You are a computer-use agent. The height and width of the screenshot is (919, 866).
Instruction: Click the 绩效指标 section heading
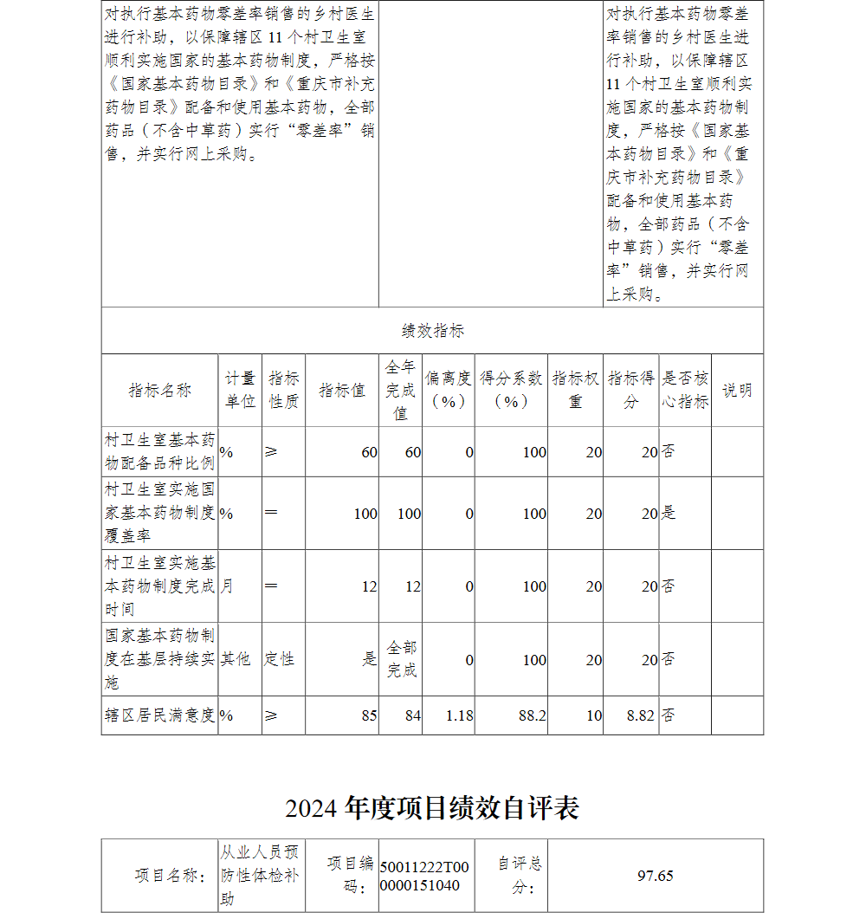coord(432,331)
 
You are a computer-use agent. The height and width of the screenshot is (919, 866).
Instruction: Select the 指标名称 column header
coord(159,390)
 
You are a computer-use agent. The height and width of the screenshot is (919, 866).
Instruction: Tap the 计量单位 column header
coord(240,390)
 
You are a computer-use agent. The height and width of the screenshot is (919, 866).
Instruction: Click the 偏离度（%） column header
coord(449,390)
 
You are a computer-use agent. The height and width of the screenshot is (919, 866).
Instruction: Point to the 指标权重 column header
coord(575,390)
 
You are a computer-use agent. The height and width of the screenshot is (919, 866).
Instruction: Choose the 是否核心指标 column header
coord(685,390)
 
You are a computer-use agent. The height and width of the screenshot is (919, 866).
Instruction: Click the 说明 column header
coord(737,390)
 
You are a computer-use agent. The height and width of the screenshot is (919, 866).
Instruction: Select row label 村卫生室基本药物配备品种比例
coord(159,451)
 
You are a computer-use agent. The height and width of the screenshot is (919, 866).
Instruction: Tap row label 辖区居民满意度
coord(159,715)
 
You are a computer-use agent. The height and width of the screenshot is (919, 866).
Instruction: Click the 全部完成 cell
coord(401,659)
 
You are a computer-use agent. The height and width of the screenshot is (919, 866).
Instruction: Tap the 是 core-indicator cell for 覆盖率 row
coord(669,513)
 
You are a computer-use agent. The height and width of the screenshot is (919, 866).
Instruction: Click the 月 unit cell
coord(227,586)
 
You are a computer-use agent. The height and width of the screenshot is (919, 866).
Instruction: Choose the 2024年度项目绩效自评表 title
coord(432,808)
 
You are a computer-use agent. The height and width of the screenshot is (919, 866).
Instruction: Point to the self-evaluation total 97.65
coord(655,876)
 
